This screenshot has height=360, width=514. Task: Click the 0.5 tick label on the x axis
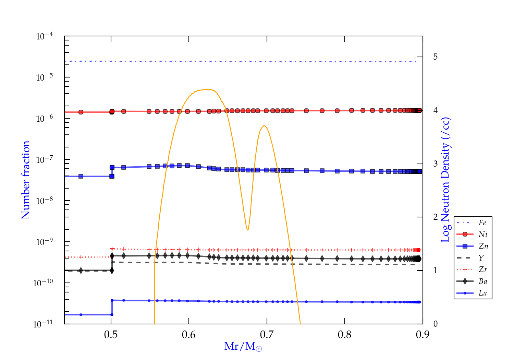tap(111, 335)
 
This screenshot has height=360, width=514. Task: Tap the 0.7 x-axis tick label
tap(267, 335)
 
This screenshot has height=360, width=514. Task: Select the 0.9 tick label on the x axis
tap(423, 335)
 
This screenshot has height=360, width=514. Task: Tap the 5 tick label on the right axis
tap(435, 57)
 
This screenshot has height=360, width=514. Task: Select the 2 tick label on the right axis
tap(435, 217)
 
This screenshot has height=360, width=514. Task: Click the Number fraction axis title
tap(26, 180)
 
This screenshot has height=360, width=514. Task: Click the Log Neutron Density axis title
tap(445, 180)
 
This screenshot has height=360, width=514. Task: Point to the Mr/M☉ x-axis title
tap(243, 347)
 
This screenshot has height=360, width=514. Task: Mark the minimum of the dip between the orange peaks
tap(247, 230)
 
